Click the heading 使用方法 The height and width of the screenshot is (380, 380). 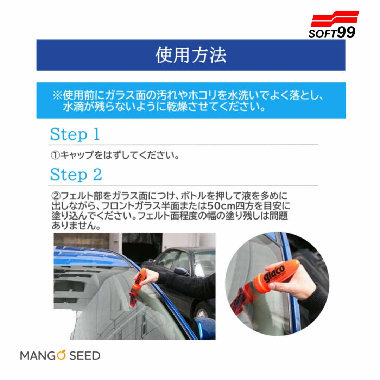(191, 55)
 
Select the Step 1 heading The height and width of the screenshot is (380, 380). (75, 134)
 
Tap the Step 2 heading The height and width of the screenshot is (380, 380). (76, 175)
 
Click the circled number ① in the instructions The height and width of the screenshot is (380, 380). (55, 155)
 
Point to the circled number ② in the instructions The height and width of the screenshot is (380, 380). (56, 196)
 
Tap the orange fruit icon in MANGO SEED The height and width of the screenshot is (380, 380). (61, 355)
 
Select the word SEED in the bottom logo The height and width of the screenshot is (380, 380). (85, 356)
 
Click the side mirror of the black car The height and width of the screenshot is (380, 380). (180, 271)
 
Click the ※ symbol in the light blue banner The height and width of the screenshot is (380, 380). (57, 95)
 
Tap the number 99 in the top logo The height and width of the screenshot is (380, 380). (346, 32)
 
